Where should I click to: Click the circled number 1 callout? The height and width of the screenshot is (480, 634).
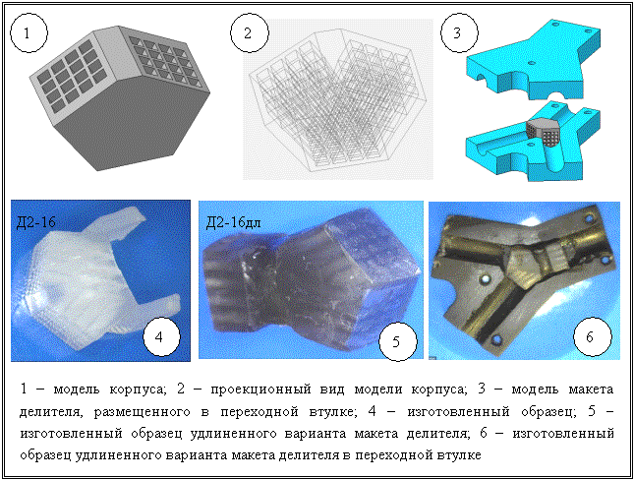[x=29, y=33]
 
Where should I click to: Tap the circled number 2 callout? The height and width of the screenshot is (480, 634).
[x=249, y=33]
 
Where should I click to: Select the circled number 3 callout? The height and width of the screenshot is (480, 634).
[x=459, y=33]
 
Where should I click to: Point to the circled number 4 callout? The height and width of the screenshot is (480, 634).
[x=161, y=337]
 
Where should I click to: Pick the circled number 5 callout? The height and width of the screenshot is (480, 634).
[x=397, y=342]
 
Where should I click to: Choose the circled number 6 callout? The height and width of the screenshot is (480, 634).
[x=593, y=337]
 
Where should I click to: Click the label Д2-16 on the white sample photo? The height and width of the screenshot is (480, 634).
[x=36, y=222]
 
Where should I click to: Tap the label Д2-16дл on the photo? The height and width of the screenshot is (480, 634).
[x=233, y=222]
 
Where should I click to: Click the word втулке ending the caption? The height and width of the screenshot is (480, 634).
[x=459, y=455]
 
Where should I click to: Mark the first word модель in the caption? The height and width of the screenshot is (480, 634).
[x=77, y=390]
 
